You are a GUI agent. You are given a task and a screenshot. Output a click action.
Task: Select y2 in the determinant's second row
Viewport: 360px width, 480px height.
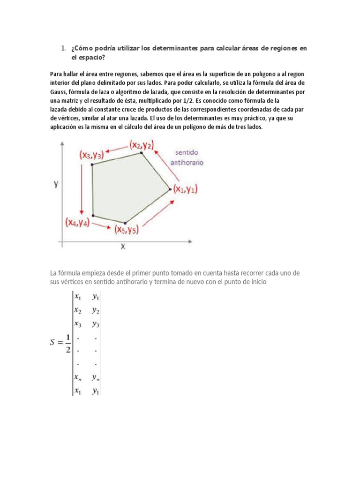click(95, 310)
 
